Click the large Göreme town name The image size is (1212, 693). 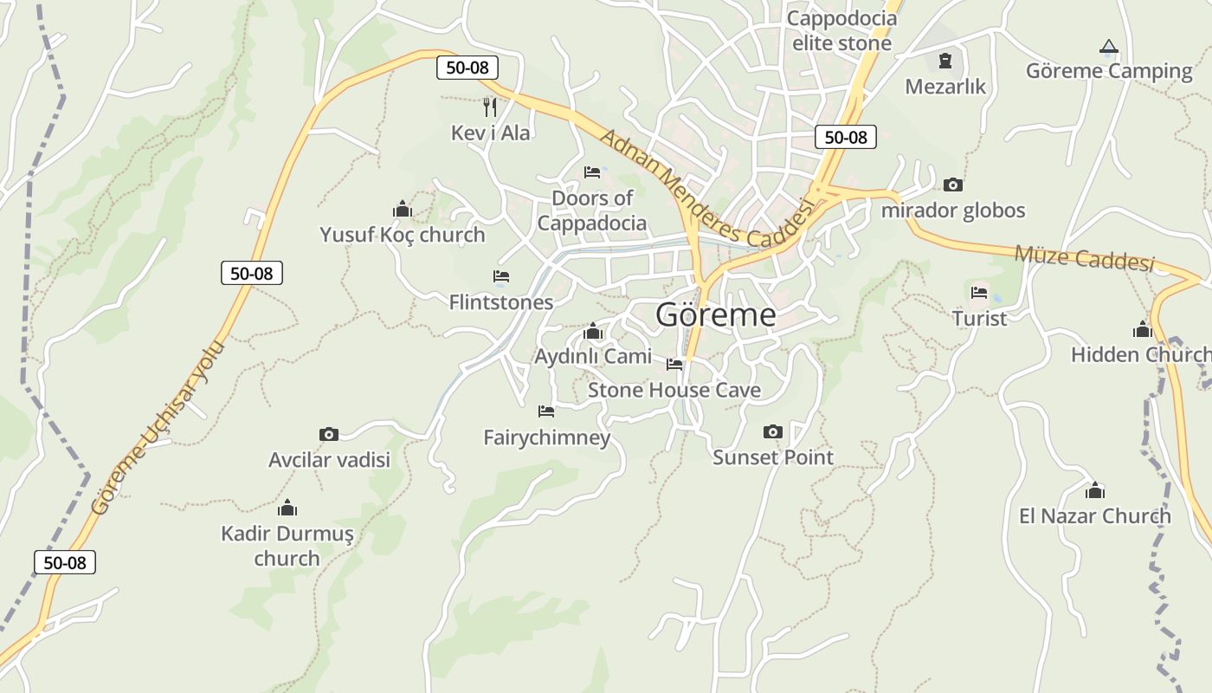[x=715, y=314]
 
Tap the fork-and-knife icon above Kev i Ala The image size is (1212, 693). [x=490, y=107]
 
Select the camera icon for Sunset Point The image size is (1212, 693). [x=773, y=431]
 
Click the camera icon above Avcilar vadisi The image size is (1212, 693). [x=329, y=434]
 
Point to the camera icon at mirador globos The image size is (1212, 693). [x=953, y=185]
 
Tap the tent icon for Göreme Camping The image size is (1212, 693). [x=1108, y=47]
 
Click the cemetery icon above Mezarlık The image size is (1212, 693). [x=945, y=62]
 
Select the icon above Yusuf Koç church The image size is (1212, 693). [x=402, y=209]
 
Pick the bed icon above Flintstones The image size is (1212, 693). [x=500, y=276]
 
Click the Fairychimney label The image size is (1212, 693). [x=547, y=437]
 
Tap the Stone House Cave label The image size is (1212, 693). [x=674, y=390]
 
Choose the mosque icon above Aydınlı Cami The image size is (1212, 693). [x=593, y=331]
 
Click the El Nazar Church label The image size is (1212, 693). [x=1094, y=516]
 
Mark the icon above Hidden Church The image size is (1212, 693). [x=1142, y=329]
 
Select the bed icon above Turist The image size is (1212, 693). [x=979, y=293]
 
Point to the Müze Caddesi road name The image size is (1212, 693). [x=1084, y=258]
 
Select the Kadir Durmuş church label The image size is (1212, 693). [x=287, y=546]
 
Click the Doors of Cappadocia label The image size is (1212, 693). [x=592, y=210]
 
